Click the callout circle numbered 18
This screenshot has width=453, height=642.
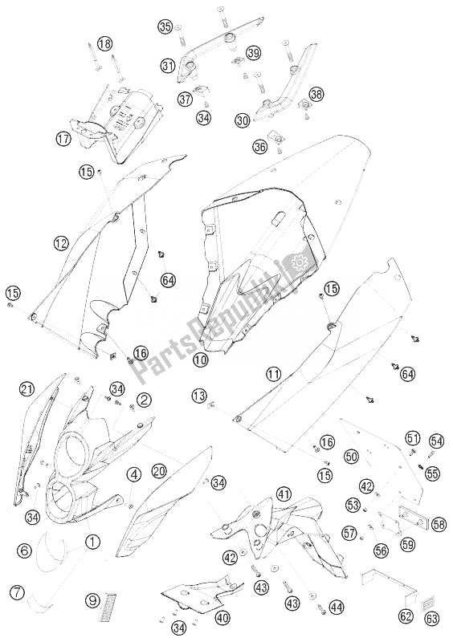(105, 44)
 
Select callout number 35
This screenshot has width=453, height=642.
(166, 27)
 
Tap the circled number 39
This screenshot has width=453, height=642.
(253, 53)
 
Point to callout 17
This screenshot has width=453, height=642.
(64, 139)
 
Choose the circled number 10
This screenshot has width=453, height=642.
(201, 360)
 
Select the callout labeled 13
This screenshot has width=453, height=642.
(199, 395)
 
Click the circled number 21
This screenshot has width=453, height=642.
(27, 388)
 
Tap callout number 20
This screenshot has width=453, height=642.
(160, 471)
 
